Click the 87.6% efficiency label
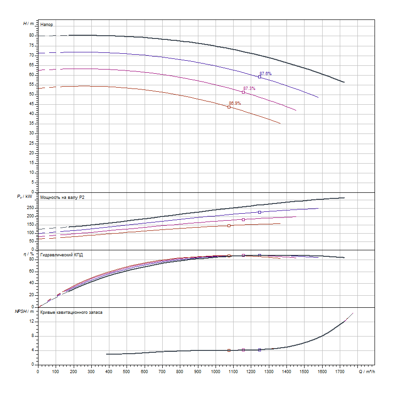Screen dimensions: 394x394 pyautogui.click(x=266, y=74)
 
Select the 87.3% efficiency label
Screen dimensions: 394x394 pyautogui.click(x=249, y=89)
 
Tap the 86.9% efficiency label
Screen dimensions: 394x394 pyautogui.click(x=235, y=103)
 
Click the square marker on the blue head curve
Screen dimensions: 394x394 pyautogui.click(x=260, y=77)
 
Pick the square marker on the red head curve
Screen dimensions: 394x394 pyautogui.click(x=229, y=107)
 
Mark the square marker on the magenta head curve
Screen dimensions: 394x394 pyautogui.click(x=243, y=92)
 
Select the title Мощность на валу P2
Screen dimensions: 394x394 pyautogui.click(x=63, y=197)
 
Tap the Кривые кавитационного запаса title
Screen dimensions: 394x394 pyautogui.click(x=71, y=312)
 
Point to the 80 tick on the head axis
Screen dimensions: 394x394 pyautogui.click(x=32, y=35)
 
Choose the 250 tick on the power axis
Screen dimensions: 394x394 pyautogui.click(x=31, y=208)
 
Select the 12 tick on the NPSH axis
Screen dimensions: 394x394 pyautogui.click(x=32, y=321)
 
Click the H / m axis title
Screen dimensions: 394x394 pyautogui.click(x=28, y=23)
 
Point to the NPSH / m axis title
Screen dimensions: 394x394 pyautogui.click(x=25, y=312)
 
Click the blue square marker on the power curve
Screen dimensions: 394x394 pyautogui.click(x=260, y=212)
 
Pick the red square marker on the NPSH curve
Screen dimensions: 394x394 pyautogui.click(x=229, y=350)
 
